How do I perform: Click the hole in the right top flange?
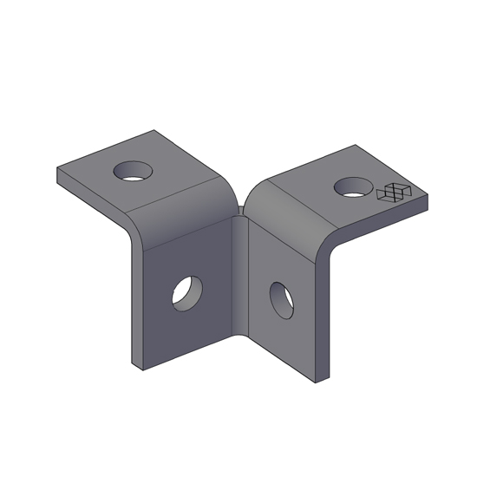[354, 186]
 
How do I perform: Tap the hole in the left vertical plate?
[186, 291]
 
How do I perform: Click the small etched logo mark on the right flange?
[396, 193]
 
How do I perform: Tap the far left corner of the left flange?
[57, 169]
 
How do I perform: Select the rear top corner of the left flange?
[154, 131]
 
